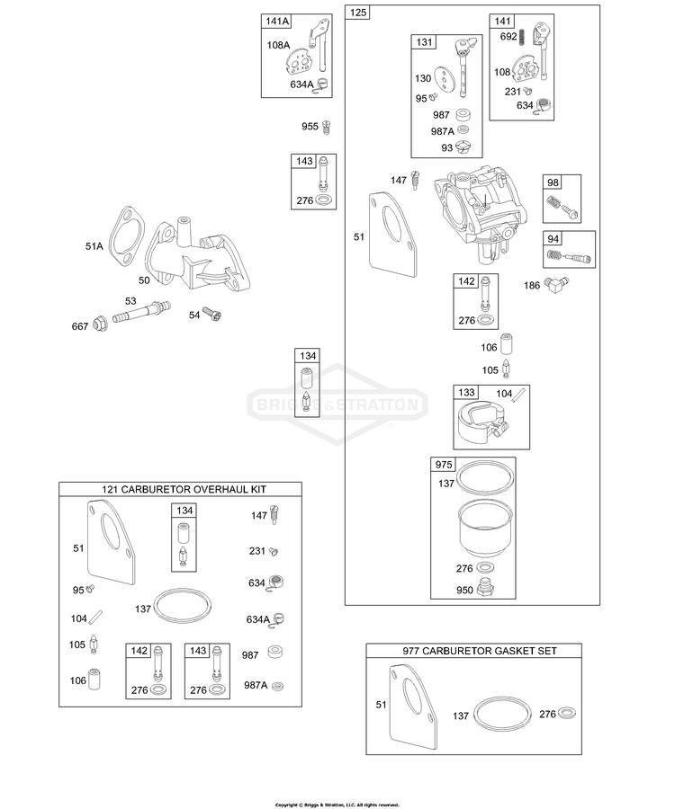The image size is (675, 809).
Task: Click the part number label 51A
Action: click(94, 246)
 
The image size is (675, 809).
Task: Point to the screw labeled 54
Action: click(211, 313)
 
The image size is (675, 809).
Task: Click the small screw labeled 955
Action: click(326, 127)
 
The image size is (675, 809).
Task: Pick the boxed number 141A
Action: click(277, 22)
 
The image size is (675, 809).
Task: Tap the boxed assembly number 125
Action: click(358, 12)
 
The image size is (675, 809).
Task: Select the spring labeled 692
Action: click(523, 37)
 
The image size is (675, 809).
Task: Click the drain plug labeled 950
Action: click(484, 588)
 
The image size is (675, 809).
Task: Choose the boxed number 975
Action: click(444, 465)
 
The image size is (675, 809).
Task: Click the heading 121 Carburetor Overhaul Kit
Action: click(184, 489)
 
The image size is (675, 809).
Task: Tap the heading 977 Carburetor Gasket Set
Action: click(480, 651)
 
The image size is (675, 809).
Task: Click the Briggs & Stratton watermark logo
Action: click(337, 404)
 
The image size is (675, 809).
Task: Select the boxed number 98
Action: click(553, 182)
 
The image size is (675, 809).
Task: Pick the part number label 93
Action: click(446, 148)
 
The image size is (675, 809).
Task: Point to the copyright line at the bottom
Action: click(337, 805)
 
